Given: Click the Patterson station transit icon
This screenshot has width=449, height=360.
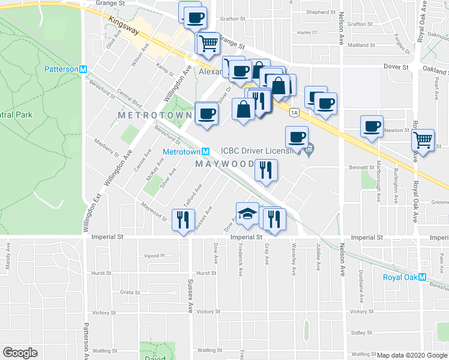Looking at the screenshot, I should [83, 69].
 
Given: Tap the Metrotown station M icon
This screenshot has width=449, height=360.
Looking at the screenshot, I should [205, 152].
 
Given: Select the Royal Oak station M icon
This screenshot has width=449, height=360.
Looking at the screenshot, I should [422, 277].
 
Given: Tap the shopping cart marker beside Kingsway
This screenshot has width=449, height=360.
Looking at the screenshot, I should [208, 43].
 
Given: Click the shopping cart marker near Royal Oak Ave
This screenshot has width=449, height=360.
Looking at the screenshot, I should [424, 141].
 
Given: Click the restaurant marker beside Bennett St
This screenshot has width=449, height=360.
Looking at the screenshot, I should [265, 170].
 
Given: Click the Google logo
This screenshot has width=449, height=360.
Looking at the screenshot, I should [20, 353].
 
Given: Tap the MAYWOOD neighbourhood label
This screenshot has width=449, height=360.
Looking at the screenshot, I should [225, 164].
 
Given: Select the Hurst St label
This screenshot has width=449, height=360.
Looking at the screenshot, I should [206, 272].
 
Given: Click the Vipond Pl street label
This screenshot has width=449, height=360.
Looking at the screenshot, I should [154, 255].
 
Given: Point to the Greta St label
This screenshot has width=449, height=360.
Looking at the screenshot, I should [130, 293].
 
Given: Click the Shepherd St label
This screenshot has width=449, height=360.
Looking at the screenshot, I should [321, 12].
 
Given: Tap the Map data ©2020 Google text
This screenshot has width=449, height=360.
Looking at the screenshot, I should [411, 355].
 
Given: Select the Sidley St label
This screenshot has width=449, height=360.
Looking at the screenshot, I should [361, 332].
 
